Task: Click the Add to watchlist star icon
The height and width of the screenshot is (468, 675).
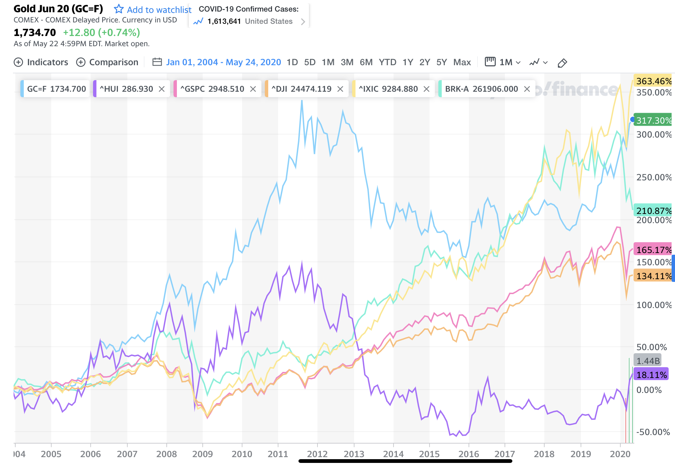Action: [x=118, y=9]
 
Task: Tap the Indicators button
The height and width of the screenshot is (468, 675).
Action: [x=41, y=62]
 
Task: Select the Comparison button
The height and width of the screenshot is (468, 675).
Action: [x=107, y=62]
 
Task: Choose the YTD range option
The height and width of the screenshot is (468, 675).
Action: [x=387, y=62]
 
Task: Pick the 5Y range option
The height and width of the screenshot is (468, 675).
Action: [x=441, y=62]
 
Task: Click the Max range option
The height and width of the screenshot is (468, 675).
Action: [x=462, y=62]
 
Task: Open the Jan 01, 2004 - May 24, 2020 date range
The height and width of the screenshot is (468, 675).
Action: [x=223, y=62]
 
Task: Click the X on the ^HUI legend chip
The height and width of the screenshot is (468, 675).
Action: [x=162, y=89]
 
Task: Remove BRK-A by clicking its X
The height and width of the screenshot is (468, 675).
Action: [x=527, y=89]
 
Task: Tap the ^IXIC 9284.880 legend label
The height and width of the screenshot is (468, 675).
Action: [x=388, y=89]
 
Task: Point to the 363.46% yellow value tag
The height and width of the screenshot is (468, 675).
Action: [x=653, y=81]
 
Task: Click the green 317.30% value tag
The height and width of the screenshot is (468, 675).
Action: [x=653, y=120]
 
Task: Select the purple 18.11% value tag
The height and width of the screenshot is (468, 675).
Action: [x=651, y=375]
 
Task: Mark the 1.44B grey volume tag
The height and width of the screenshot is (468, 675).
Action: [x=648, y=361]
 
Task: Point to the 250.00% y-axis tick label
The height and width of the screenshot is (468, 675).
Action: [x=654, y=177]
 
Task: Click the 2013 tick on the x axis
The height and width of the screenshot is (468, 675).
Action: [x=354, y=454]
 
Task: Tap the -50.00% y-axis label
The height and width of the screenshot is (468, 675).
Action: [x=653, y=432]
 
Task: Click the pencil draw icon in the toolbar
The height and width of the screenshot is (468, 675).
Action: [x=562, y=63]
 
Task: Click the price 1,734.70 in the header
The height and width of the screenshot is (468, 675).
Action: [x=35, y=33]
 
